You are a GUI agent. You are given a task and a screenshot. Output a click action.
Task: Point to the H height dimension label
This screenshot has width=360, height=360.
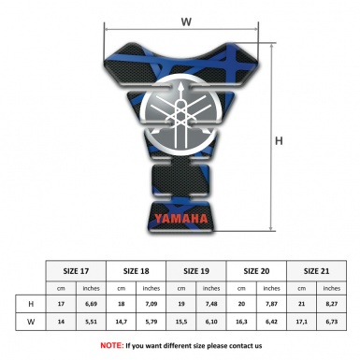pos(278,141)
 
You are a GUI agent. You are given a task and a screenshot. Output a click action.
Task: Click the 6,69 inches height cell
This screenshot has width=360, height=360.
pos(91,304)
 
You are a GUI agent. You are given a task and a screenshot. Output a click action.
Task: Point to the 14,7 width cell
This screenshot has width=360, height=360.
pos(122,323)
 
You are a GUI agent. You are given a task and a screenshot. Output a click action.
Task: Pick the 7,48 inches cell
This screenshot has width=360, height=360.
pos(212,304)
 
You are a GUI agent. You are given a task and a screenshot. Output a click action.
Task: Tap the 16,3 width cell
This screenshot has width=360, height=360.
pos(241,323)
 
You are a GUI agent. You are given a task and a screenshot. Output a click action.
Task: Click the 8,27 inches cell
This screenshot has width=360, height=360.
pos(333,304)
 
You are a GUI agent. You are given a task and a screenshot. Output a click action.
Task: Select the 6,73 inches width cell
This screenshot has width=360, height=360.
pos(333,323)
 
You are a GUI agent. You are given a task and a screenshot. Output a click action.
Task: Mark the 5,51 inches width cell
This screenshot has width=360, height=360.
pos(91,323)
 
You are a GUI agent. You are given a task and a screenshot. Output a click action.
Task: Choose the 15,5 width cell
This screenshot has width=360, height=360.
pos(181,323)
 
